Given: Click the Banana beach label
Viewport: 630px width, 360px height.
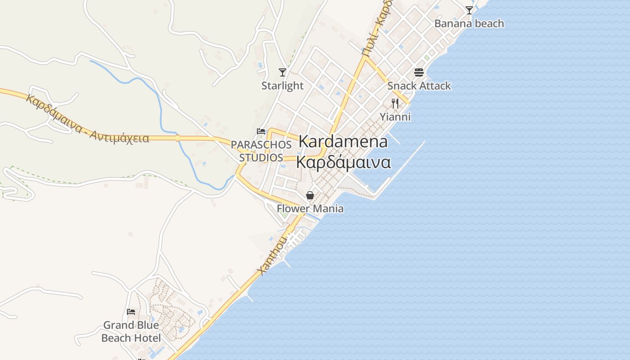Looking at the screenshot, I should tap(469, 23).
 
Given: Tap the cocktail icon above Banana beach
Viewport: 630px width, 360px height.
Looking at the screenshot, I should tap(469, 10).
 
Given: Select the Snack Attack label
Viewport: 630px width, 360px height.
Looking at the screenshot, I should tap(419, 85).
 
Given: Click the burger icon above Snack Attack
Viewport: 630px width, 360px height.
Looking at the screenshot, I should tap(419, 72).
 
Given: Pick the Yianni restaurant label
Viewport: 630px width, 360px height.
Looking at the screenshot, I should tap(395, 117).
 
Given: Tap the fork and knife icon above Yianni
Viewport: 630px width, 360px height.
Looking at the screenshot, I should tap(395, 103).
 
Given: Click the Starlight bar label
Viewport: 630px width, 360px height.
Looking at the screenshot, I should tap(283, 85).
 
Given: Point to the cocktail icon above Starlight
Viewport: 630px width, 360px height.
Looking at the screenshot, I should tap(283, 72).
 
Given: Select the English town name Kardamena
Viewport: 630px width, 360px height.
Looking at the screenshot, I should tap(343, 141).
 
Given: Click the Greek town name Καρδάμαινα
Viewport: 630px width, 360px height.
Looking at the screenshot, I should tap(343, 162).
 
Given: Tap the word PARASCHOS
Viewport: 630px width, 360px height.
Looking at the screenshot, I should tap(261, 145).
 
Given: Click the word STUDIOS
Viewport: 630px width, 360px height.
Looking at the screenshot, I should tap(261, 157).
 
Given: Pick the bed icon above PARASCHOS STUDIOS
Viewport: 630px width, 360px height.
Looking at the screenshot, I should tap(261, 131).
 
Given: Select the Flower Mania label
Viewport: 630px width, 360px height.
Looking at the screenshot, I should tap(310, 208).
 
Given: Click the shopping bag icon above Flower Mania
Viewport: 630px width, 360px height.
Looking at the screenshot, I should tap(310, 195).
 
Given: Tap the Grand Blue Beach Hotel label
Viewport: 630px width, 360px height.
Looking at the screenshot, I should tap(131, 332).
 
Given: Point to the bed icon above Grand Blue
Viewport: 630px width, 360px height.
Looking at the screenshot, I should tap(131, 311).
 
